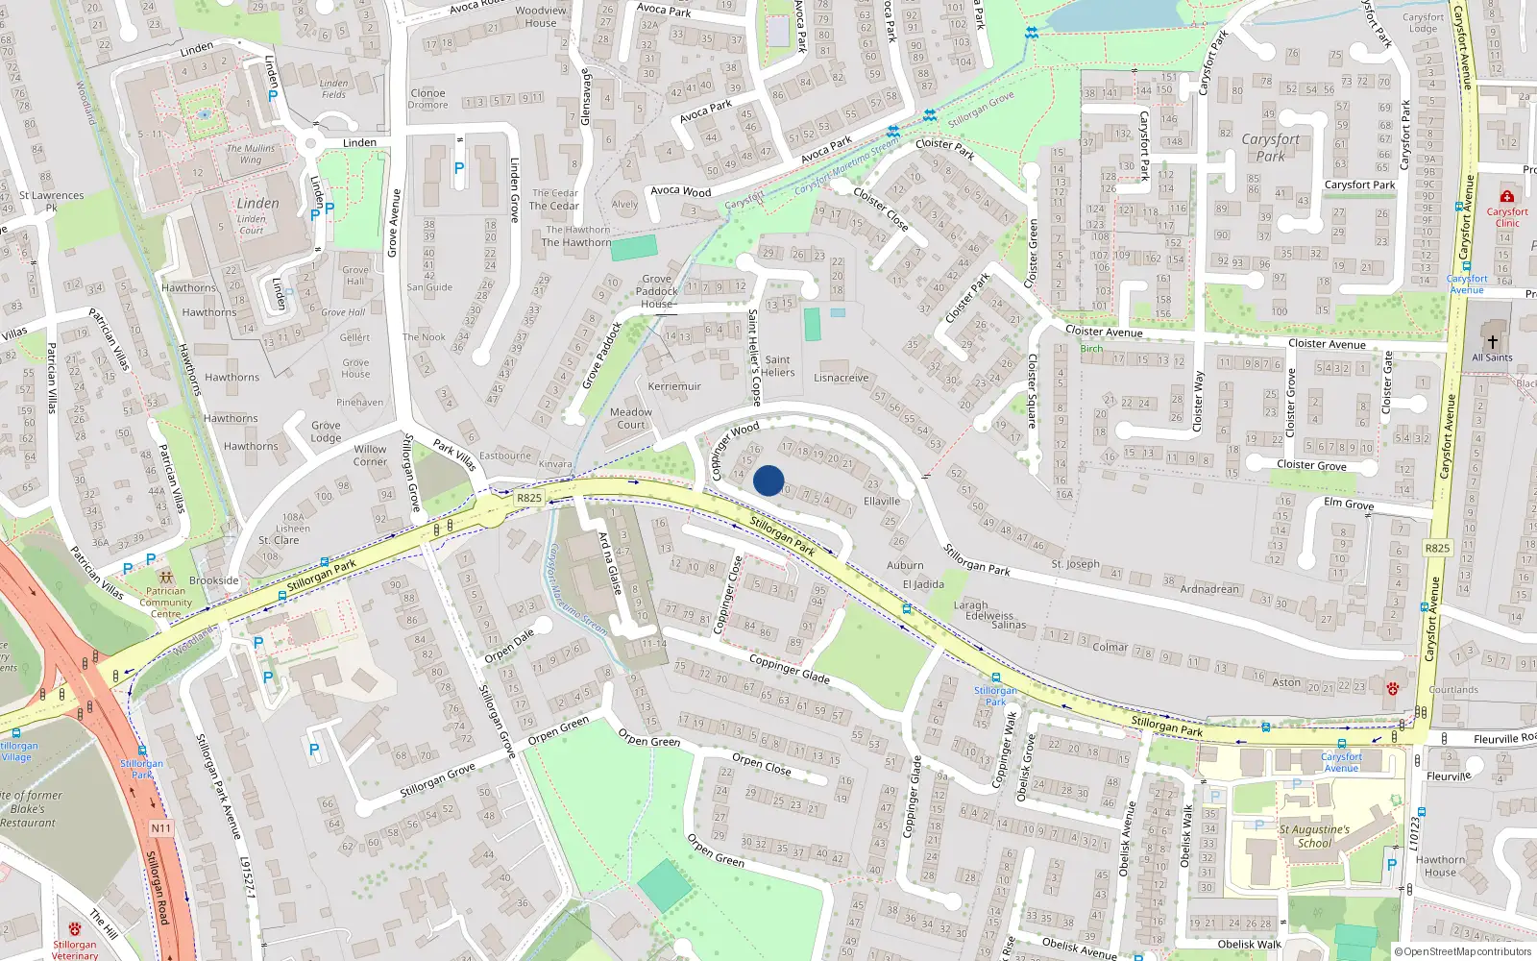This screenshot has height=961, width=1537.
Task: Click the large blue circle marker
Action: [768, 480]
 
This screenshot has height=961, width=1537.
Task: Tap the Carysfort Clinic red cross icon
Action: [1506, 197]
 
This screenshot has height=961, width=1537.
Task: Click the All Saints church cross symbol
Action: [1492, 341]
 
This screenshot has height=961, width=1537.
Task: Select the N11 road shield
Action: [160, 828]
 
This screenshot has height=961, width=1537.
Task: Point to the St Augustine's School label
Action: [1314, 836]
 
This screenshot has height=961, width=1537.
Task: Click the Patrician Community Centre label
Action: [165, 603]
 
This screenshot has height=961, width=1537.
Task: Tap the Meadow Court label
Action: [631, 418]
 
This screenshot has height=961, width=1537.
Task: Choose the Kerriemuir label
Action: [674, 386]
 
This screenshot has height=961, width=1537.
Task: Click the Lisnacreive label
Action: [841, 378]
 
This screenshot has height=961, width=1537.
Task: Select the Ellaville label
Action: [882, 501]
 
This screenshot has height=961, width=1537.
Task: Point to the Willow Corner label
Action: [370, 455]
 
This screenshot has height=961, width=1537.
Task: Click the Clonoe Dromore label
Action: [427, 99]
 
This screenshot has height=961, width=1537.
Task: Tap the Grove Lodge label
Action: [326, 431]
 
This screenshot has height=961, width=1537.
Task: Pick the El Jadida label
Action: [923, 584]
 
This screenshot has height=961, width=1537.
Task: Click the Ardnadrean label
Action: [1209, 589]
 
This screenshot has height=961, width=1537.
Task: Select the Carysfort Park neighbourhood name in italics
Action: [1270, 147]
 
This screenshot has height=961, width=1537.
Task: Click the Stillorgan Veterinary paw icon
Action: [75, 929]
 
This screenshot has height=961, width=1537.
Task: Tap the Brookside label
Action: [213, 580]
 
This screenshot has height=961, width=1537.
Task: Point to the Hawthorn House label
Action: [1440, 866]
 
